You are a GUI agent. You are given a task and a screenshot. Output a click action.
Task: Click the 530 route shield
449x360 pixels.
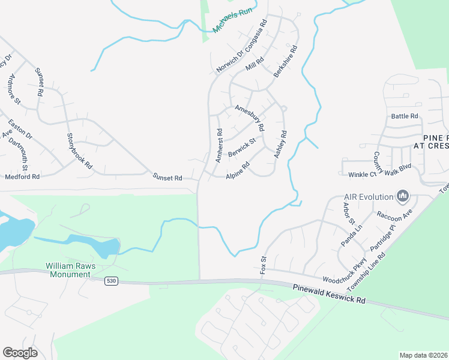[x=110, y=280]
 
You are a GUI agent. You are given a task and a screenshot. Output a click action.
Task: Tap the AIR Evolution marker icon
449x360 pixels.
[x=403, y=196]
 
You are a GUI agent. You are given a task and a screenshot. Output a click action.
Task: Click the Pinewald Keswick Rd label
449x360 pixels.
[x=329, y=294]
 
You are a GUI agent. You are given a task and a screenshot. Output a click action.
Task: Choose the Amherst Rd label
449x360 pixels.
[x=219, y=145]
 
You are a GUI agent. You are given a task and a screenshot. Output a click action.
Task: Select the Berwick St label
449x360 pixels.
[x=241, y=148]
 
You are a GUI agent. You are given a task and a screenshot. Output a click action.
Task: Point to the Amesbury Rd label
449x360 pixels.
[x=250, y=118]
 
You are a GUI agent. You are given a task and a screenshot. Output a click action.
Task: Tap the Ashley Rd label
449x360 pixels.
[x=280, y=145]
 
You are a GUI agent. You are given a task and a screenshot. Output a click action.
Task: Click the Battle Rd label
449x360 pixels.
[x=404, y=116]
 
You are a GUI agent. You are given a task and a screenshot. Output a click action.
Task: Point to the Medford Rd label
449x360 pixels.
[x=22, y=176]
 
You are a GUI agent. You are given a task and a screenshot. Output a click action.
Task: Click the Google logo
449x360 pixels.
[x=20, y=353]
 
